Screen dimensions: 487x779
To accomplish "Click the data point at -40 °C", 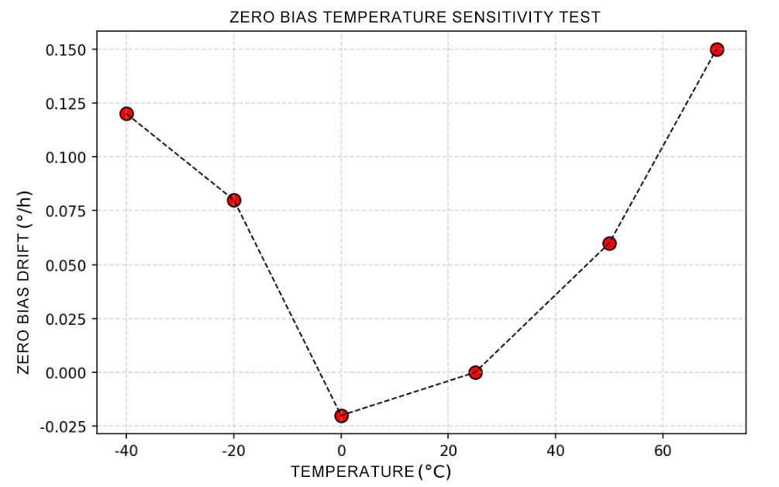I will (126, 114).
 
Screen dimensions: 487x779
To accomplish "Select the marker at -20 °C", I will (234, 200).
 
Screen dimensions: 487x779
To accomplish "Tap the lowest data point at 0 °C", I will (341, 416).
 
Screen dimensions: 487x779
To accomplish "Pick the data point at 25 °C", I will (475, 372).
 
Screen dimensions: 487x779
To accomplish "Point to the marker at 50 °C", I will (609, 243).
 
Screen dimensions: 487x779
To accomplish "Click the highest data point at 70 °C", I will (716, 50).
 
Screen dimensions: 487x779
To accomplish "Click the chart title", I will (415, 17).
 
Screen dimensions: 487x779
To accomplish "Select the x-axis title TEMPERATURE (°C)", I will (371, 471).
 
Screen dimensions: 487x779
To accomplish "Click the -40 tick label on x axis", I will (124, 451).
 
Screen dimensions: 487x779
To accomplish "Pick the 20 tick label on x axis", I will (448, 451).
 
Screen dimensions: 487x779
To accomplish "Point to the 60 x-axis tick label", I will (663, 451).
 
